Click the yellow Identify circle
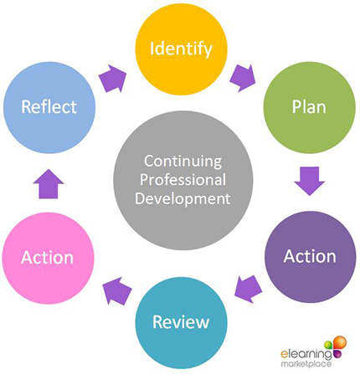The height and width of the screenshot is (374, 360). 181,49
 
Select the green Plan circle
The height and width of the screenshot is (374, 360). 310,107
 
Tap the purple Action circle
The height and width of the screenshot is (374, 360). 310,257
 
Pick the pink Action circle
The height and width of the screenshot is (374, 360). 49,258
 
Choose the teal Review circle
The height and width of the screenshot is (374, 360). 181,323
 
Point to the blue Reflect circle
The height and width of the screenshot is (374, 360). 49,107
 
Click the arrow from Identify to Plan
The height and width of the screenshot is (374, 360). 243,78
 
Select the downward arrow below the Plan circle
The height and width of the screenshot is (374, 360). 310,181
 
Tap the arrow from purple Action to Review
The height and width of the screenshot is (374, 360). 248,289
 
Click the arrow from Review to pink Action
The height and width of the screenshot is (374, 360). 117,291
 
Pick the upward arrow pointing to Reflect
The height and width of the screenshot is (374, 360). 49,184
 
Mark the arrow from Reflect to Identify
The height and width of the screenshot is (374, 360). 113,79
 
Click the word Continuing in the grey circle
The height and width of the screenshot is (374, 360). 183,161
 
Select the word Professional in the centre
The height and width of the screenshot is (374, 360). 183,180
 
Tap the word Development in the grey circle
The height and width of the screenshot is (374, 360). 183,199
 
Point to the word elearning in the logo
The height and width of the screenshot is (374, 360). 306,354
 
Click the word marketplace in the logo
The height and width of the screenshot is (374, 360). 306,364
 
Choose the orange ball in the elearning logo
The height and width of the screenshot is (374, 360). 340,342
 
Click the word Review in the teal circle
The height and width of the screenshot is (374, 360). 181,322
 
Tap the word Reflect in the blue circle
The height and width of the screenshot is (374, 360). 49,107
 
